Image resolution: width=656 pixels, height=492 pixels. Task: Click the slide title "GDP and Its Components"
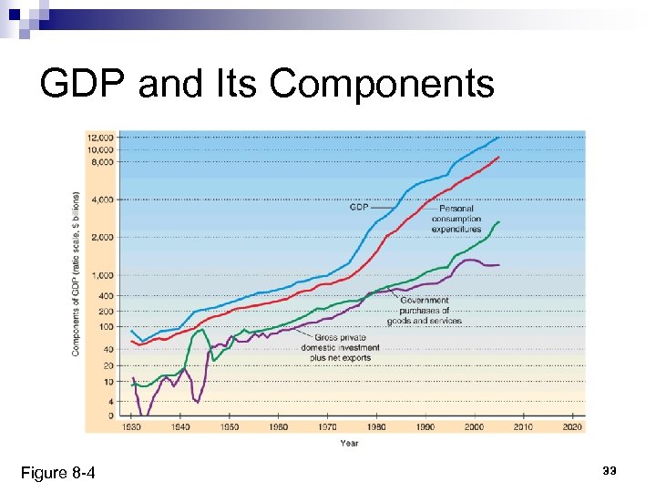(x=267, y=84)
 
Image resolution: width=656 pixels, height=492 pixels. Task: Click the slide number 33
(x=609, y=470)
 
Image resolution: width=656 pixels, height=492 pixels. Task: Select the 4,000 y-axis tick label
(x=102, y=199)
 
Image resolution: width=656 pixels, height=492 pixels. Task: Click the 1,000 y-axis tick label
(x=102, y=275)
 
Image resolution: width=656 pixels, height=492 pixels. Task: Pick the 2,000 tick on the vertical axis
(x=102, y=237)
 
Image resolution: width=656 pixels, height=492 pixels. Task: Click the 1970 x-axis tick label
(x=326, y=426)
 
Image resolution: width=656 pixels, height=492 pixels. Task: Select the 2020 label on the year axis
(x=572, y=426)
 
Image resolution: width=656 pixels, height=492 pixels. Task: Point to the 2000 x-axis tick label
(x=474, y=426)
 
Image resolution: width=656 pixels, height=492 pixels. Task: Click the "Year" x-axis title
(x=349, y=443)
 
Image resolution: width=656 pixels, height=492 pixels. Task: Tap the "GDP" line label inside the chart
(x=359, y=207)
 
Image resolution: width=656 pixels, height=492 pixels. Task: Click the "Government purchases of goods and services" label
(x=430, y=310)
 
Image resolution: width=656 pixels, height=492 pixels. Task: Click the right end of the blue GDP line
(x=499, y=137)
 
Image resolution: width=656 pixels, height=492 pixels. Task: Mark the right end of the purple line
(x=499, y=264)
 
